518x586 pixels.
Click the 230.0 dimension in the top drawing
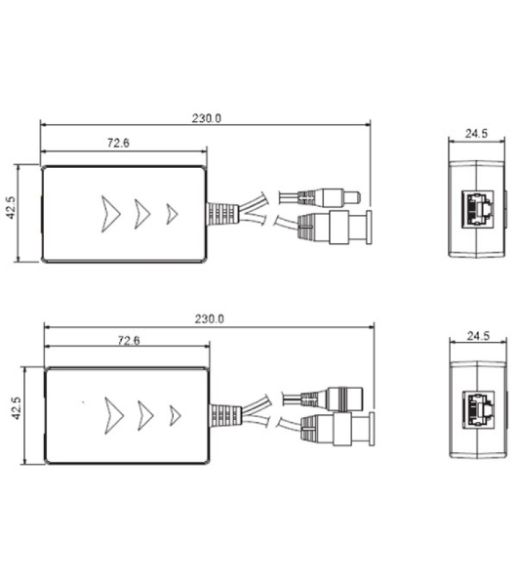click(207, 118)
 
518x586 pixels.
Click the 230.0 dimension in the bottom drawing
click(210, 318)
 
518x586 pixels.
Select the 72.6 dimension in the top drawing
click(118, 143)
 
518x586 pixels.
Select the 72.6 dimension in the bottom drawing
click(129, 341)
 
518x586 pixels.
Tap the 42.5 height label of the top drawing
click(11, 208)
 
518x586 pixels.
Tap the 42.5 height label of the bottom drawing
click(16, 408)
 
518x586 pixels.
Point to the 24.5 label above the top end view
click(476, 134)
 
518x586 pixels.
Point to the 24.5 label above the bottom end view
click(478, 336)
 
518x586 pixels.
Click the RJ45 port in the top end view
click(478, 209)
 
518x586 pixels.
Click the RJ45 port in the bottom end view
click(479, 409)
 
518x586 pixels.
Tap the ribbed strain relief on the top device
click(222, 214)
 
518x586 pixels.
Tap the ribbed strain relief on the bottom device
click(225, 415)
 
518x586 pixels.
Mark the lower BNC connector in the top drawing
click(335, 228)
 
